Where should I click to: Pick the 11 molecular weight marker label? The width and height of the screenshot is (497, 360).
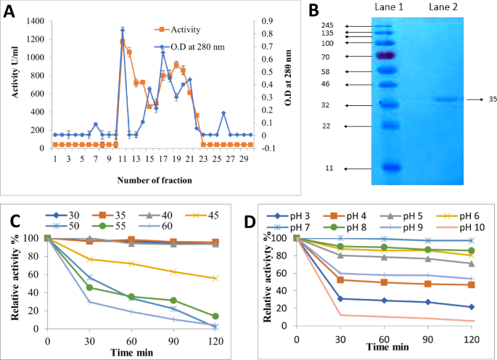[329, 168]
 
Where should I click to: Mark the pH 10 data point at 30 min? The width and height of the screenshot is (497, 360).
[341, 314]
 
